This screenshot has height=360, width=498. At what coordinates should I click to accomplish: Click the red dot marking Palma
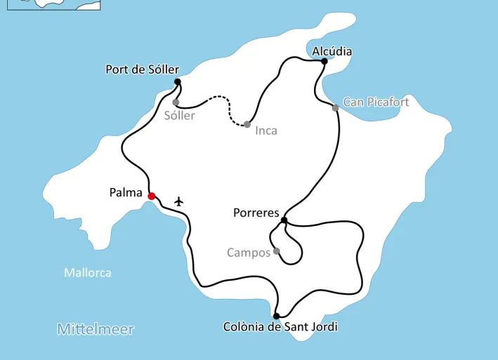pyautogui.click(x=151, y=196)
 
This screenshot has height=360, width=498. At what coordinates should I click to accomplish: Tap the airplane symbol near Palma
pyautogui.click(x=178, y=201)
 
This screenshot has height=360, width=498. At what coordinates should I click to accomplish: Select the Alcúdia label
pyautogui.click(x=332, y=51)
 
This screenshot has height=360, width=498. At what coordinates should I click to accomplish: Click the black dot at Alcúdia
pyautogui.click(x=324, y=61)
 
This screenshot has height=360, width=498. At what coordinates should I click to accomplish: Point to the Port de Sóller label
pyautogui.click(x=142, y=69)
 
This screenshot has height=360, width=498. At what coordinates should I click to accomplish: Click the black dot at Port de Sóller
pyautogui.click(x=177, y=82)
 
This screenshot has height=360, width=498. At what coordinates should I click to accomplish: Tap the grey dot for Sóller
pyautogui.click(x=176, y=102)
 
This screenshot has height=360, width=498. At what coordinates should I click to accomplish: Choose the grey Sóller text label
pyautogui.click(x=179, y=116)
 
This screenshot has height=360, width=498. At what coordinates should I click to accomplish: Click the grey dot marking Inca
pyautogui.click(x=247, y=124)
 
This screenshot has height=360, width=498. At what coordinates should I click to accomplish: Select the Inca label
pyautogui.click(x=266, y=131)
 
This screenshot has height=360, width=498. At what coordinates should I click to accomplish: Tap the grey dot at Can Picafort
pyautogui.click(x=336, y=107)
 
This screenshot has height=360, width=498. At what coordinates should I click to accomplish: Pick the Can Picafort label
pyautogui.click(x=376, y=102)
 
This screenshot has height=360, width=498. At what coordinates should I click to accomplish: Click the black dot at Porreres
pyautogui.click(x=284, y=220)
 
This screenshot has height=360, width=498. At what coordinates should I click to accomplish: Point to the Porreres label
pyautogui.click(x=256, y=213)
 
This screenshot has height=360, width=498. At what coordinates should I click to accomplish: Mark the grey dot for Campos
pyautogui.click(x=276, y=251)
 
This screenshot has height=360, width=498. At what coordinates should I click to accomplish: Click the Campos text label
pyautogui.click(x=249, y=253)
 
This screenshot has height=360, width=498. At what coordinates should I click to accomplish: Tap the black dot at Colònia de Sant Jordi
pyautogui.click(x=277, y=316)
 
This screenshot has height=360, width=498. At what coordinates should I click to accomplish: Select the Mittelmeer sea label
pyautogui.click(x=96, y=329)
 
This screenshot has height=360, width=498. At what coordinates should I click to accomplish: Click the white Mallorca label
pyautogui.click(x=88, y=272)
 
